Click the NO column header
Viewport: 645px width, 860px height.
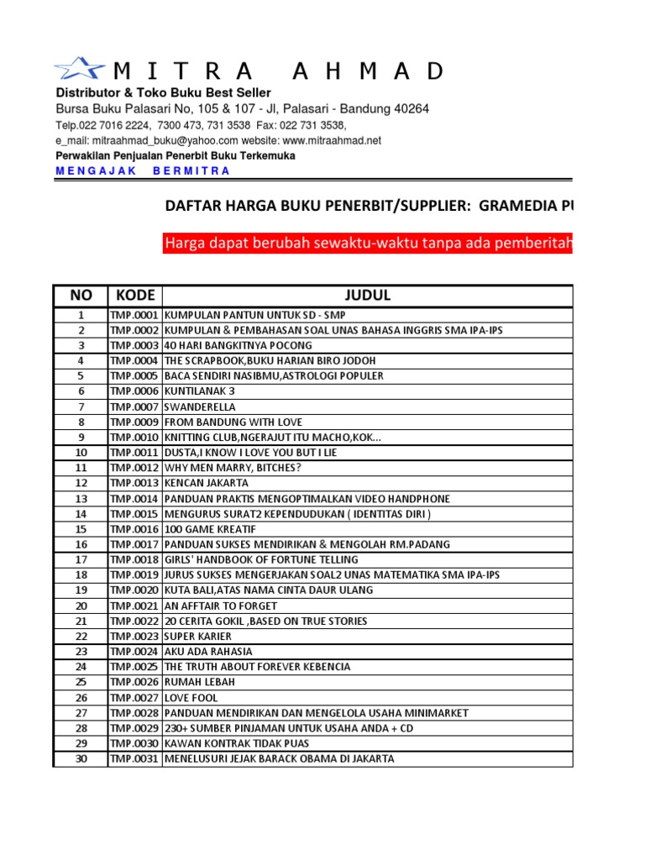81,296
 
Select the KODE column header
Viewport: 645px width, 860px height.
135,296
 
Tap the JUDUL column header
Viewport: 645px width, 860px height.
367,296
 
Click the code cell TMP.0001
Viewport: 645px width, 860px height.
135,315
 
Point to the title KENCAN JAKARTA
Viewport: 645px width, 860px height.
207,483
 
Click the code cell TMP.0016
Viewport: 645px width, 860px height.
135,529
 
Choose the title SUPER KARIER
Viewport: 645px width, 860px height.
198,637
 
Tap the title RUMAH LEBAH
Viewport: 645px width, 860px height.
200,682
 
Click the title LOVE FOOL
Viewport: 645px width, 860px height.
191,698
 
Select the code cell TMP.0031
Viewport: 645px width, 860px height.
135,759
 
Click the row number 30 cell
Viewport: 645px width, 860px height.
81,759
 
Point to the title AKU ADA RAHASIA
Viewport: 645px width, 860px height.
208,652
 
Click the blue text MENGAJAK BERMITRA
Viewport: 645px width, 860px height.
143,171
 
